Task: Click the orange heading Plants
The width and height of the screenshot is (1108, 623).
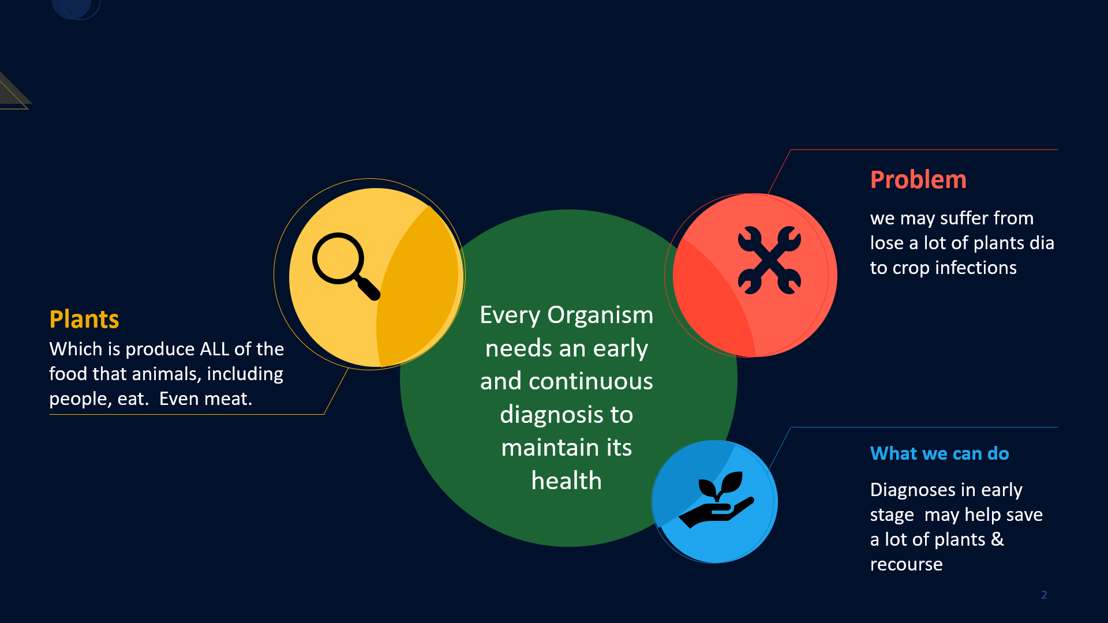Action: coord(84,319)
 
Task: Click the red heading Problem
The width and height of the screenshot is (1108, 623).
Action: coord(918,180)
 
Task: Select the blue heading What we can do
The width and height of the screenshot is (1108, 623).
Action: coord(939,453)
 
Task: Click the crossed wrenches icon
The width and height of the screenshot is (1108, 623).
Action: coord(769,260)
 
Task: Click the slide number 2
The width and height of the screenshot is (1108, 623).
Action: coord(1044,595)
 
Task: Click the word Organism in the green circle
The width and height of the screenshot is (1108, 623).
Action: coord(600,315)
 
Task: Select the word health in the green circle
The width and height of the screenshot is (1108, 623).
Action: coord(566,481)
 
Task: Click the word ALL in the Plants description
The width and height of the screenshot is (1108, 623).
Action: coord(214,349)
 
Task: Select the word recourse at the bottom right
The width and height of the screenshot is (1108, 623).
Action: coord(906,564)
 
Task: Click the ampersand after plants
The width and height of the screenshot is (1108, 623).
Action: coord(997,539)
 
